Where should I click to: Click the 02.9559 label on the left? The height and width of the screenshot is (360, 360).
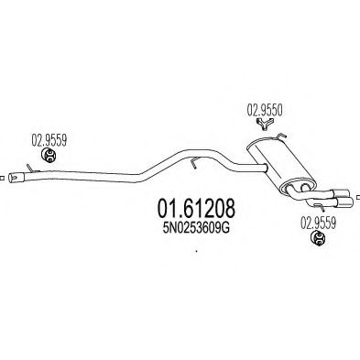pos(49,140)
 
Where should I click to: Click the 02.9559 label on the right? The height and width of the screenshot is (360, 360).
pos(319,223)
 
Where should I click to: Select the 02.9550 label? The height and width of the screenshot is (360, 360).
pos(265,110)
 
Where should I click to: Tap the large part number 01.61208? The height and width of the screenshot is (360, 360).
pos(196,209)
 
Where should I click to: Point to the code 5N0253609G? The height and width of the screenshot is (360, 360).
pos(196,228)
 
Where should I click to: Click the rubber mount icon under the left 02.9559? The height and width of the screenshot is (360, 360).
pos(49,155)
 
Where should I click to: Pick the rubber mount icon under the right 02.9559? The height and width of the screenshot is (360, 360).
pos(318,238)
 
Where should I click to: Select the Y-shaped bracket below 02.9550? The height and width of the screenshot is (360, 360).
pos(265,125)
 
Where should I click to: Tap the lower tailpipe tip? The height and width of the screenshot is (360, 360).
pos(346,202)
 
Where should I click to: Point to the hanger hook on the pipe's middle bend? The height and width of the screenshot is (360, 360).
pos(193,162)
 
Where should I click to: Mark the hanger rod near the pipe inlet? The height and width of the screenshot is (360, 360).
pos(31,169)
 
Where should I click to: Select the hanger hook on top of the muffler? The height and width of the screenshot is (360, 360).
pos(280,137)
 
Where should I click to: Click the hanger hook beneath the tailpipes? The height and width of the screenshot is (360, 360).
pos(320,207)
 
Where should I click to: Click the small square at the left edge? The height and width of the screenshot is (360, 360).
pos(2,178)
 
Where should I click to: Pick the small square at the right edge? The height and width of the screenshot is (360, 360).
pos(358,197)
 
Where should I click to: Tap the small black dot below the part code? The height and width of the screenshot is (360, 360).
pos(196,252)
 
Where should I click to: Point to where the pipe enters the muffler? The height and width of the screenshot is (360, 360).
pos(267,168)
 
